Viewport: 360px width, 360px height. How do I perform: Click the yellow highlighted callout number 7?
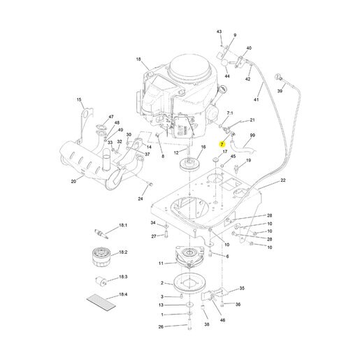coord(222,145)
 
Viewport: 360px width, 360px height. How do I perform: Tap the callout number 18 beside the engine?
coord(138,59)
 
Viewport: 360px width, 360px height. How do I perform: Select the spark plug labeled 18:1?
coord(101,233)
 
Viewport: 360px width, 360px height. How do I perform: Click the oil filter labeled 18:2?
coord(101,257)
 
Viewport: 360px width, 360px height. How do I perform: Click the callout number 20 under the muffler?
coord(73,181)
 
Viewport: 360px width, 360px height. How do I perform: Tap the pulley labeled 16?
coord(189,164)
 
